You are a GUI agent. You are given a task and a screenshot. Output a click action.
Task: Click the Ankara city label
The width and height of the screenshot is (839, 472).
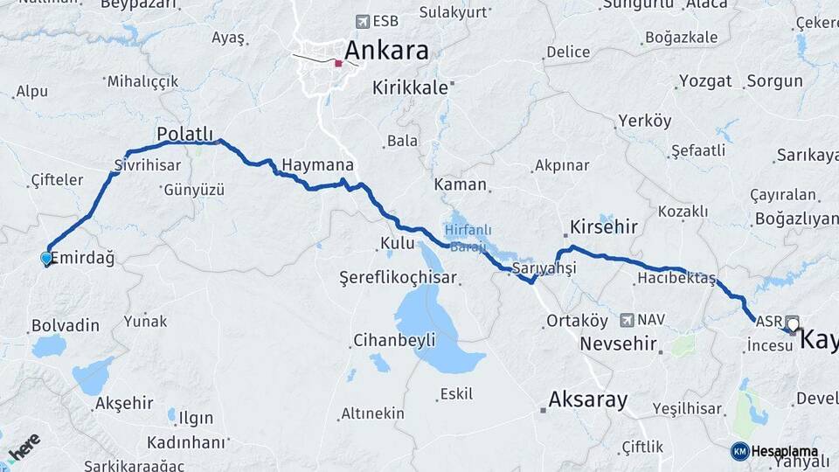(x=386, y=50)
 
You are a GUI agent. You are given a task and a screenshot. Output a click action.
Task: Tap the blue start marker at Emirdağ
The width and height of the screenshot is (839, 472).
(x=46, y=258)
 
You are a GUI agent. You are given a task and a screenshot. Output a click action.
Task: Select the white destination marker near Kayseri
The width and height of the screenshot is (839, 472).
(x=793, y=325)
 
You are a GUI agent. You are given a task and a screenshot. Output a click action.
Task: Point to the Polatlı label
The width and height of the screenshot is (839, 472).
(x=184, y=134)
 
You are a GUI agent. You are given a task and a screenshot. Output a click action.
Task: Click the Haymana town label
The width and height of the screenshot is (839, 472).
(x=317, y=165)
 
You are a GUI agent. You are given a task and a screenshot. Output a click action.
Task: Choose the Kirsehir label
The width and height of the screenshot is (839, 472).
(x=603, y=226)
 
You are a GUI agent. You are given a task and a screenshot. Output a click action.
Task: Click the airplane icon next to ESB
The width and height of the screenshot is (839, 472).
(x=363, y=21)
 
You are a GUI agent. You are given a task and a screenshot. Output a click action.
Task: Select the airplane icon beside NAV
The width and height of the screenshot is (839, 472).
(x=627, y=321)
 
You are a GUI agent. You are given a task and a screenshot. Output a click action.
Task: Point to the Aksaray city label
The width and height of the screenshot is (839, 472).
(x=587, y=400)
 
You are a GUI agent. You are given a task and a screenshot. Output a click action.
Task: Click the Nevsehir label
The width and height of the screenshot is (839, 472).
(x=618, y=344)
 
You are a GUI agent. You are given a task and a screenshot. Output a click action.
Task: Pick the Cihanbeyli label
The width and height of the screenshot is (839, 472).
(x=394, y=340)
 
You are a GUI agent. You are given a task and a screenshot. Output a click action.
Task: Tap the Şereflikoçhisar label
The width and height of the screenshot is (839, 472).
(x=398, y=277)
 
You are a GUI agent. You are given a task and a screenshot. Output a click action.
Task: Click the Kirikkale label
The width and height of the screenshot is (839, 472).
(x=410, y=87)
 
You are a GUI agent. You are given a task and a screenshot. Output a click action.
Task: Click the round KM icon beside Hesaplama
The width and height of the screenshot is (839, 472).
(x=739, y=451)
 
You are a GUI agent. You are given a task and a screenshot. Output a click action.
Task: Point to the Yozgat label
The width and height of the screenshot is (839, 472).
(x=704, y=81)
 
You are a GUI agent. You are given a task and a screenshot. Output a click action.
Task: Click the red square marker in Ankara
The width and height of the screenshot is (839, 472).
(x=338, y=63)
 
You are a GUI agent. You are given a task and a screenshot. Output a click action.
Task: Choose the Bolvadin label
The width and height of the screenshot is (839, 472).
(x=65, y=325)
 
